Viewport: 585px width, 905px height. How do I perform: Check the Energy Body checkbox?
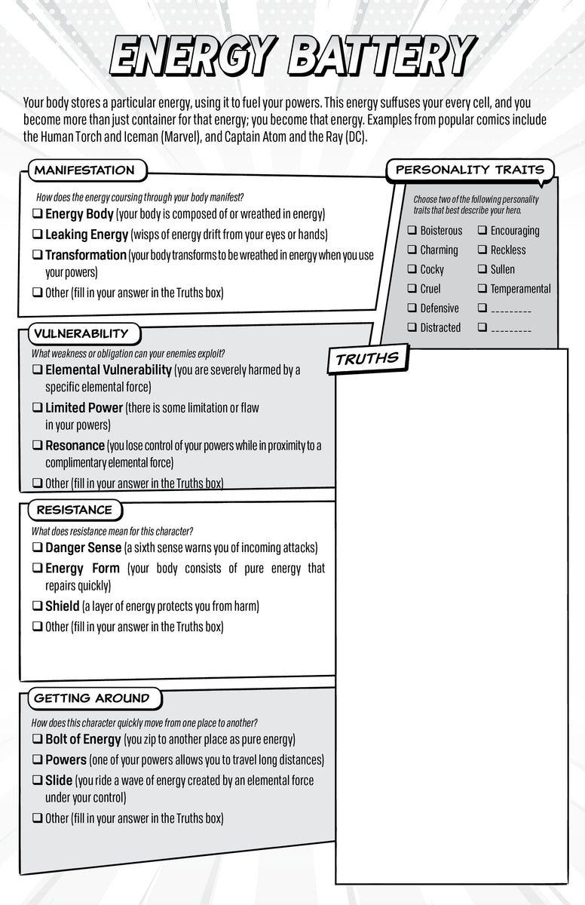37,215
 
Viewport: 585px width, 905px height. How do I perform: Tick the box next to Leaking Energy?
37,235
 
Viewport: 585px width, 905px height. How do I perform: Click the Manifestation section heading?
84,170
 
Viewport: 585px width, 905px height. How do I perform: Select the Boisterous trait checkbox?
412,231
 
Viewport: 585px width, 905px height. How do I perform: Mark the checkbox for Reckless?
482,250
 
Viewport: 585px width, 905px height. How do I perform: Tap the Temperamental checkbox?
482,289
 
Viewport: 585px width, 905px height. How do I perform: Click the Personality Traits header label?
470,170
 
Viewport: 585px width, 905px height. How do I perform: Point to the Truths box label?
367,359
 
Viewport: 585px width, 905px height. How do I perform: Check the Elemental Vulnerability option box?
37,370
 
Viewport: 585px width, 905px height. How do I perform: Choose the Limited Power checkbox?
37,408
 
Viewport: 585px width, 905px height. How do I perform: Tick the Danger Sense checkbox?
37,548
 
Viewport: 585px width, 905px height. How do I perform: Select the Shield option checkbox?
37,606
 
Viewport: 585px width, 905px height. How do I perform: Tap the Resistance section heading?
74,510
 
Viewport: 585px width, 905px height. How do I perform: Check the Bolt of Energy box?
37,740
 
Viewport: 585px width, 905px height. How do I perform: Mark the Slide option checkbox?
37,781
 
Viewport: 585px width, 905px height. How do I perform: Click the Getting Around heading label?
92,698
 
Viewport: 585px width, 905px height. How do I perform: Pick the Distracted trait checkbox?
412,327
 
